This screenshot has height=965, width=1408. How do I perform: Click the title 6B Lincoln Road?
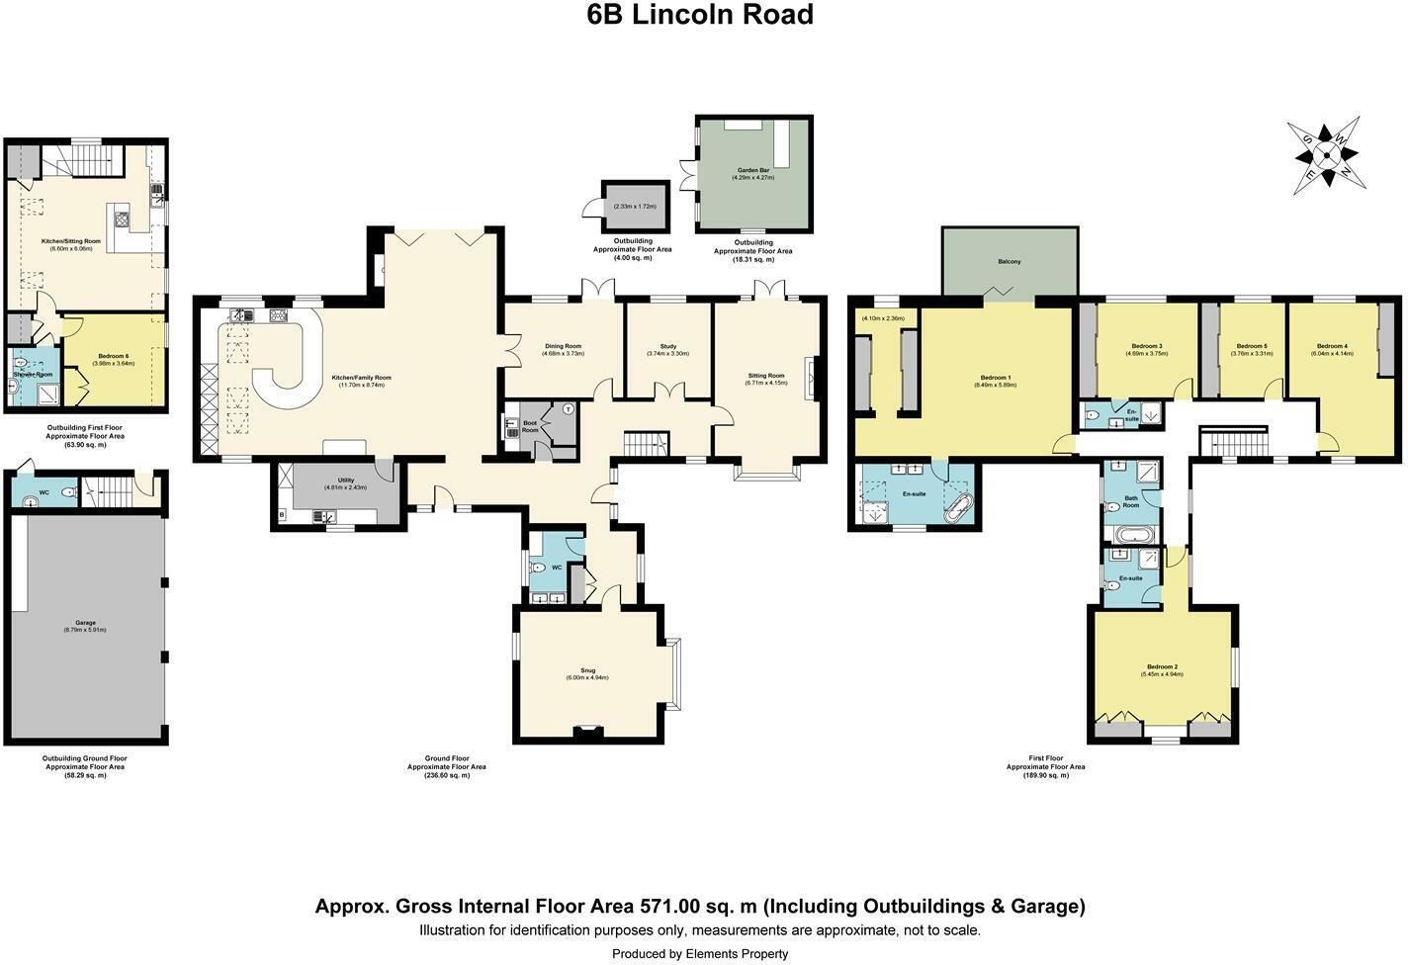(x=700, y=16)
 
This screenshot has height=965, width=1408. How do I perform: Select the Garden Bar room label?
(x=752, y=170)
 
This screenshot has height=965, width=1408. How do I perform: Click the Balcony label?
(x=1009, y=261)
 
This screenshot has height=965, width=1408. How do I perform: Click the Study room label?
(x=667, y=346)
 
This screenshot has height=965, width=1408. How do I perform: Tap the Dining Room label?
(x=563, y=346)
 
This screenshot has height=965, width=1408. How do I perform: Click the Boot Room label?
(x=530, y=425)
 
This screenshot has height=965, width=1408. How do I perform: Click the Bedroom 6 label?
(x=113, y=356)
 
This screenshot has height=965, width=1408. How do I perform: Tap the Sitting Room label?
(x=766, y=376)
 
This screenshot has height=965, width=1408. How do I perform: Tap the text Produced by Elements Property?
(x=700, y=954)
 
